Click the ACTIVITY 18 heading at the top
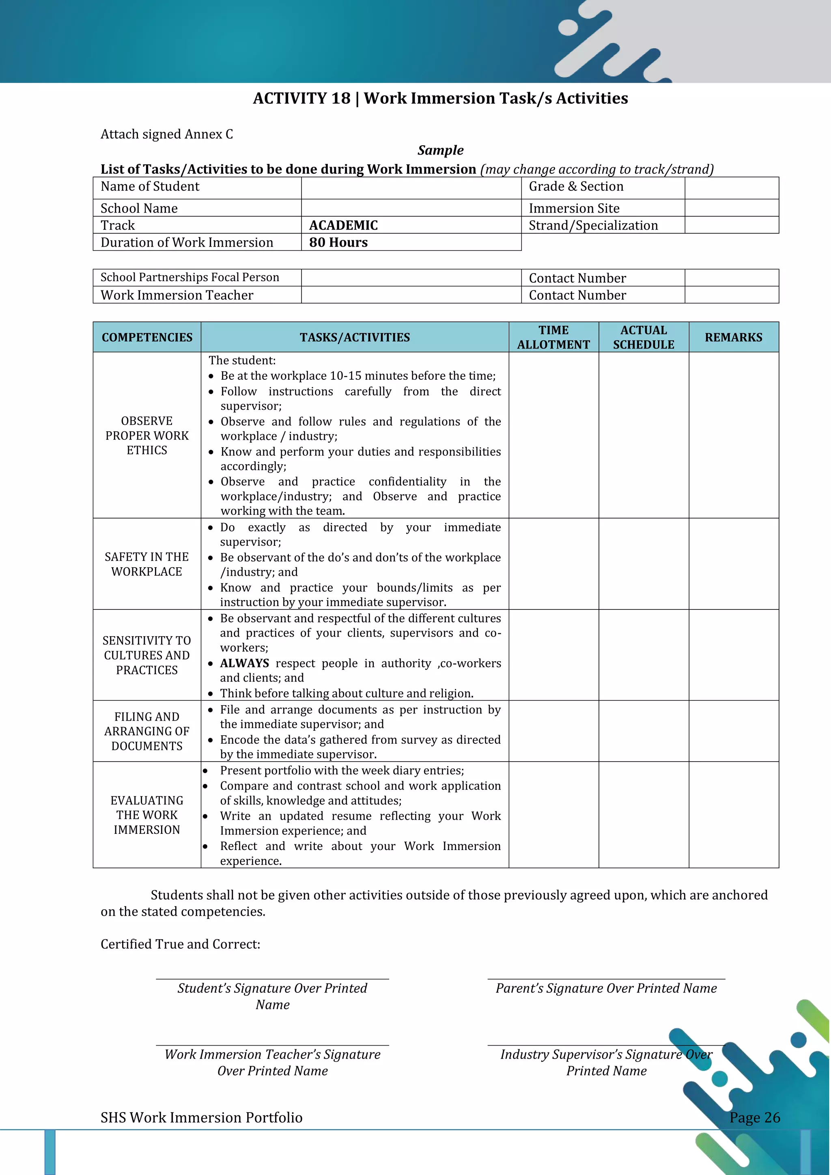(440, 98)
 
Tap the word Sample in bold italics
(440, 151)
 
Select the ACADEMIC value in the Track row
(343, 225)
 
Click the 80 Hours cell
(338, 243)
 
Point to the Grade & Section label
(576, 187)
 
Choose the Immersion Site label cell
(574, 208)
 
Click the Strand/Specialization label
(593, 226)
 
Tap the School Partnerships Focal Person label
(190, 278)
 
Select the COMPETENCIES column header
(147, 337)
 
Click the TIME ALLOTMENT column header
(553, 337)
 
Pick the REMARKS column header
(733, 337)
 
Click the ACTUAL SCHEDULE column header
(643, 337)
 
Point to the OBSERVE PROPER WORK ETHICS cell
(147, 435)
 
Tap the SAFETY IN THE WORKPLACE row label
(147, 564)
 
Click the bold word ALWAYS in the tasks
(244, 663)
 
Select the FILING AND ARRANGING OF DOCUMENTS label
(147, 731)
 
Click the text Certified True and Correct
(180, 944)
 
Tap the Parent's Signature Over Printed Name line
(606, 988)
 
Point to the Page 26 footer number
(754, 1118)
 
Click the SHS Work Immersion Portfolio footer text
(201, 1118)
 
